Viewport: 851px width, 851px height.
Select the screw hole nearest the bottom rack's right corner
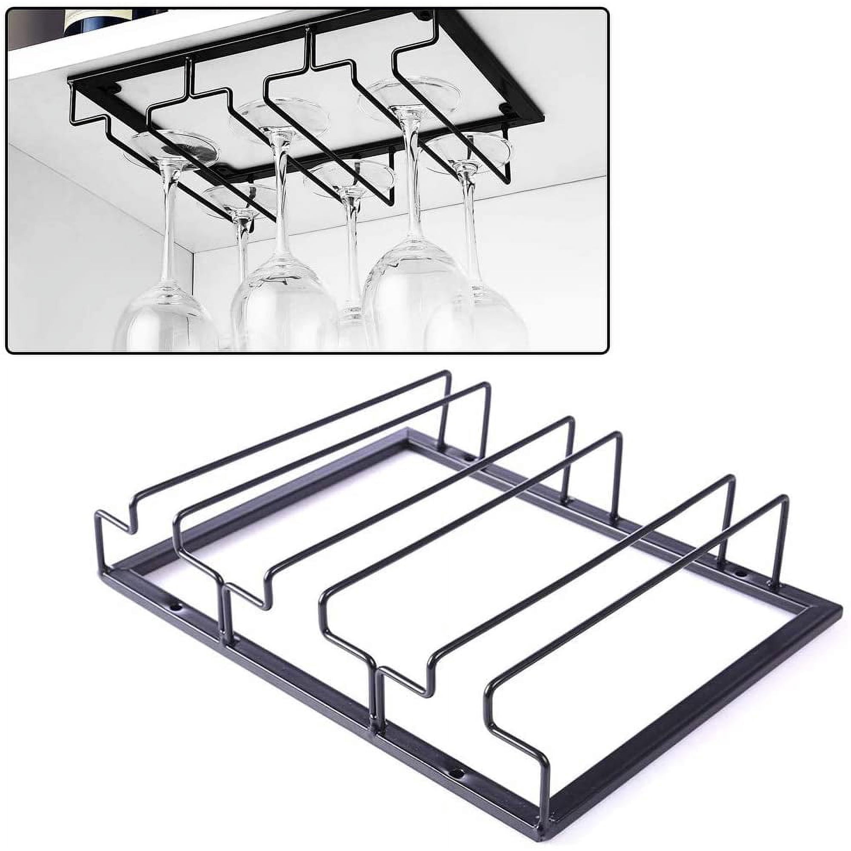[739, 574]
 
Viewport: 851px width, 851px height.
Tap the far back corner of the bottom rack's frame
[408, 431]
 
